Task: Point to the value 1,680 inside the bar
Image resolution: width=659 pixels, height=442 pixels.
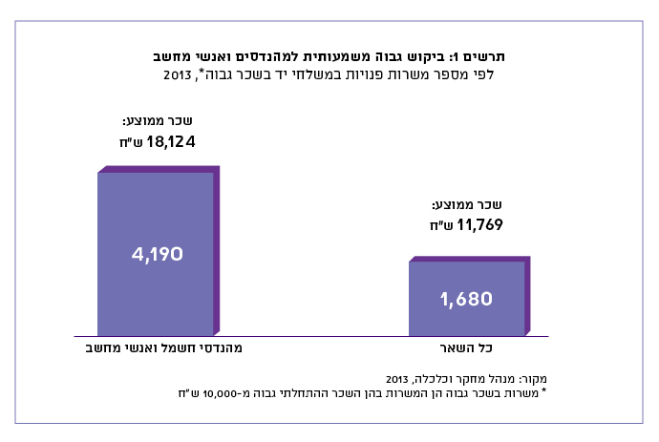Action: (x=466, y=299)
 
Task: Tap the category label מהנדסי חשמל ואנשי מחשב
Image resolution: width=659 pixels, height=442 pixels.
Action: (x=158, y=348)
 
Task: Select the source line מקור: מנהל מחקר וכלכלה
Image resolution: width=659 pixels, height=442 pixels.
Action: (x=457, y=376)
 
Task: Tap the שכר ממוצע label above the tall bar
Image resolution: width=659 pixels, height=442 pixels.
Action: (x=158, y=122)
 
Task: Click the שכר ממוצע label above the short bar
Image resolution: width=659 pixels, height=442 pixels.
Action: (x=468, y=205)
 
